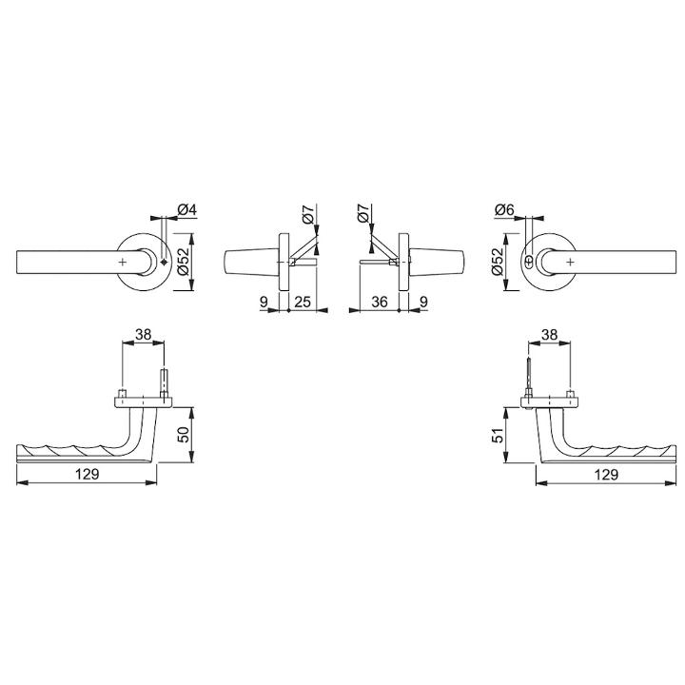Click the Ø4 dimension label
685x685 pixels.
(x=187, y=209)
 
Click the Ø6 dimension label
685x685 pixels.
(x=504, y=209)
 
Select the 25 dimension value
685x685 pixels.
(x=303, y=302)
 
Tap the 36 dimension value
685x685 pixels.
(x=380, y=302)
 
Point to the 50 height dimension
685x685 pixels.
(x=185, y=434)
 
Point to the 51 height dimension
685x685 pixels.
(x=498, y=435)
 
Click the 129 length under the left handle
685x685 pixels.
(x=88, y=474)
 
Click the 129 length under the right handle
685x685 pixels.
(x=606, y=474)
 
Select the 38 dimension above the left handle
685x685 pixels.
(x=143, y=334)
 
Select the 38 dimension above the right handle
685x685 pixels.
(x=549, y=334)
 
